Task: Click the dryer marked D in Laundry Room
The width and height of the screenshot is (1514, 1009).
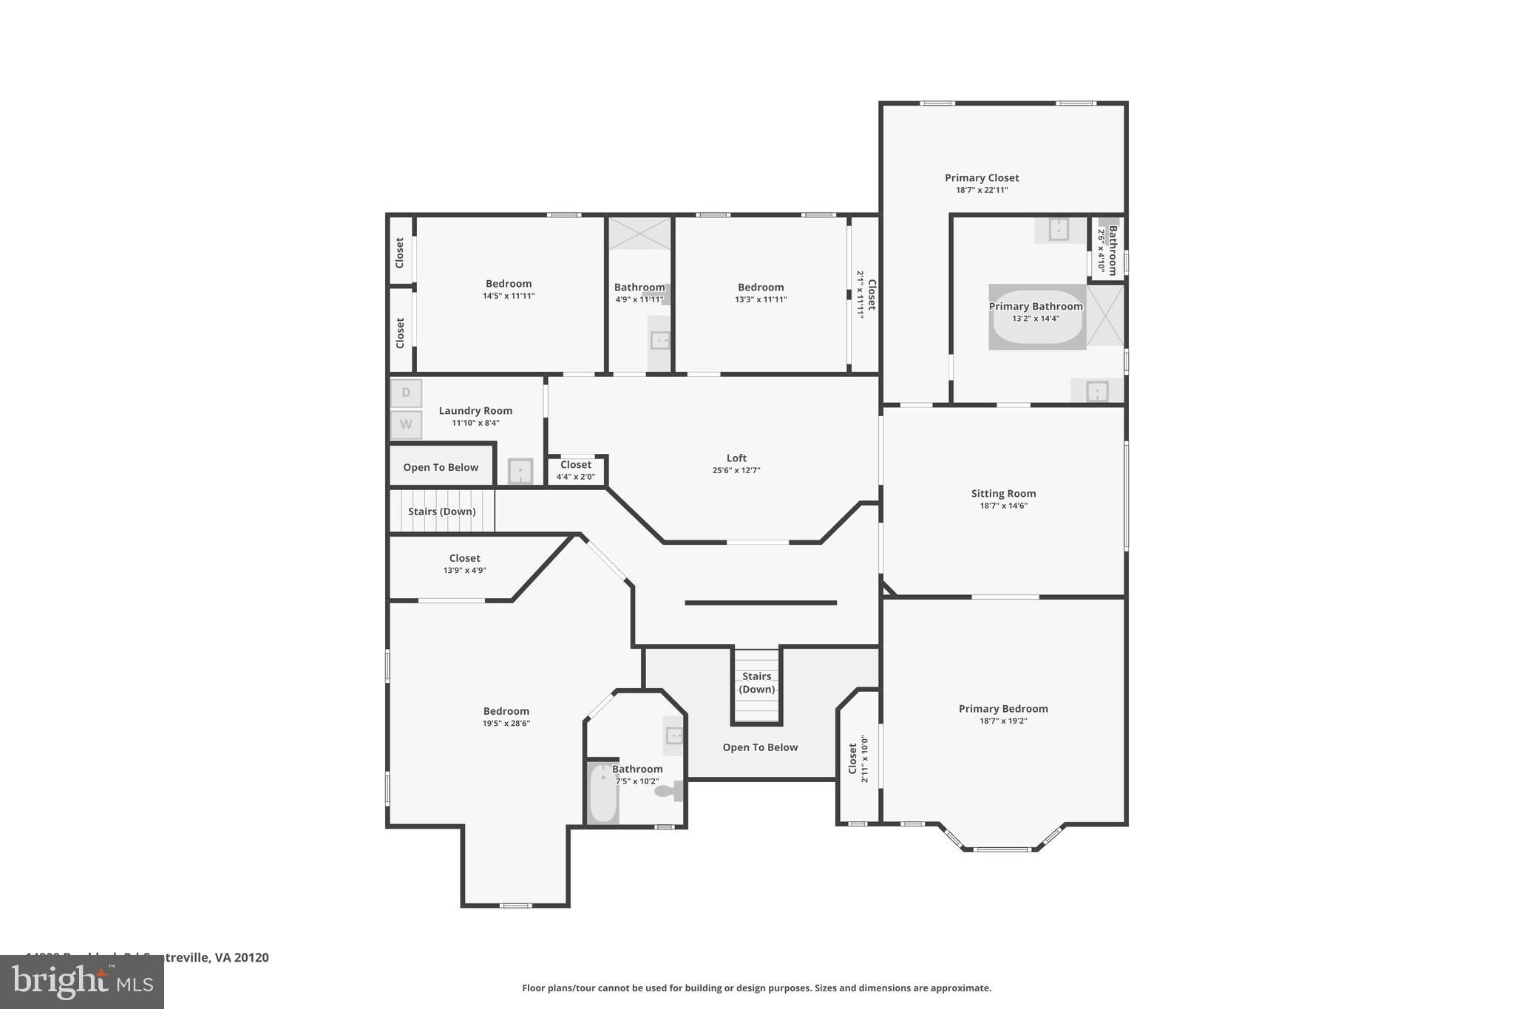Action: pos(406,393)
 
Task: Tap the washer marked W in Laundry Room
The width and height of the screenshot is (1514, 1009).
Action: pos(406,425)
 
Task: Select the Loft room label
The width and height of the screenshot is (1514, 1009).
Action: pos(736,458)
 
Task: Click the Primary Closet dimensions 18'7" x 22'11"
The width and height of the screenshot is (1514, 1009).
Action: pos(982,190)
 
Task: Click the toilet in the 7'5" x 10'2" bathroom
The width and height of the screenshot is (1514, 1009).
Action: pos(668,792)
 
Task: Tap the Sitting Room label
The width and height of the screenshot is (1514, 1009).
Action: pos(1003,494)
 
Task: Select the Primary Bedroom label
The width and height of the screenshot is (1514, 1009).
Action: pos(1003,709)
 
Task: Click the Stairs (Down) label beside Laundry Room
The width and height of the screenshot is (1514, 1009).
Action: pos(442,512)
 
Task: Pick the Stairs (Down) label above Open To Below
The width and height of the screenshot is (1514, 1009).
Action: pos(757,682)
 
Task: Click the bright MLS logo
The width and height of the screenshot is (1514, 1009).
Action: pos(82,982)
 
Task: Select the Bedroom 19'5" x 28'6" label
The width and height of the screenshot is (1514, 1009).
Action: pos(506,712)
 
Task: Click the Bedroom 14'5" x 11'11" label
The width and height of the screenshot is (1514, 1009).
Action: pos(509,284)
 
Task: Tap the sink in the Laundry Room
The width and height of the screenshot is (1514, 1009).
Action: pos(520,471)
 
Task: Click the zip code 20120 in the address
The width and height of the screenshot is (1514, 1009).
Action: pos(251,957)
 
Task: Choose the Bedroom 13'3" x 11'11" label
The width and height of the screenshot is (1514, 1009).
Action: pos(761,288)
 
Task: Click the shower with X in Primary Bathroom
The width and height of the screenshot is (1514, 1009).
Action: pos(1105,316)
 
